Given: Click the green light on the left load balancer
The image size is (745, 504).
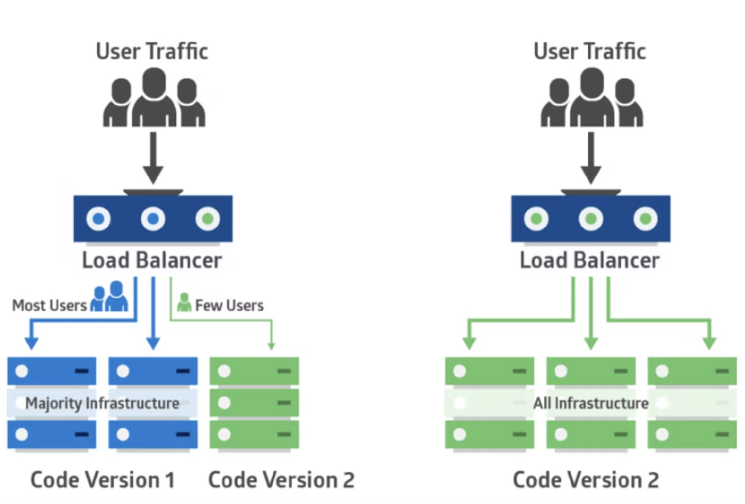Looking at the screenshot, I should pos(207,219).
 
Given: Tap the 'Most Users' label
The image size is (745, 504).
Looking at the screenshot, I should pos(49,305).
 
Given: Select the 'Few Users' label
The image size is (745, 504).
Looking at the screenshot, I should pos(229,305).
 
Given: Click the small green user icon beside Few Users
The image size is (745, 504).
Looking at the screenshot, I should pos(184,303).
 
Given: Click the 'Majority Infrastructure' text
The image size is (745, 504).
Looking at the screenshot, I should pos(102,403).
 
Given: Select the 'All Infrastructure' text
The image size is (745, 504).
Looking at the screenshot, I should pos(591,403).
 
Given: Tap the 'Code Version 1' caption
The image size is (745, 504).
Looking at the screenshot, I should pos(102,480).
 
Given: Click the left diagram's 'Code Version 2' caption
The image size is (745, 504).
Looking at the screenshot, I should pos(281,480).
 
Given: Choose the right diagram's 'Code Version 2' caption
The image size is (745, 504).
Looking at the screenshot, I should pos(586,480).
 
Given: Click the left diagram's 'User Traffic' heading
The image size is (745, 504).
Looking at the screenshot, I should pos(152,51).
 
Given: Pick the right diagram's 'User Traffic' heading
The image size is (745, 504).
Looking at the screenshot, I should pos(590,51).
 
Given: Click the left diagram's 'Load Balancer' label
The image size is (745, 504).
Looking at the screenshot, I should pos(152,260).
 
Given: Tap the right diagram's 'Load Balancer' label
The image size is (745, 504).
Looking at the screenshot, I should pos(590,260).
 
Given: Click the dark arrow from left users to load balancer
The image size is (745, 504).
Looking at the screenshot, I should pos(153,157).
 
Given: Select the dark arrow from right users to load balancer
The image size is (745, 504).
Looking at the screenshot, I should pos(591,157).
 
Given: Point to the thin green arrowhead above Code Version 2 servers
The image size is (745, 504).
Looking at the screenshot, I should pos(271,345).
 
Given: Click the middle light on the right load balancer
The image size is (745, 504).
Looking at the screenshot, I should pos(591,219).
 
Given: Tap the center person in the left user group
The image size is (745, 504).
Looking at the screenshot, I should pos(154,98).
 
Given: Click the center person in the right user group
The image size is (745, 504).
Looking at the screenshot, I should pos(592,98).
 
